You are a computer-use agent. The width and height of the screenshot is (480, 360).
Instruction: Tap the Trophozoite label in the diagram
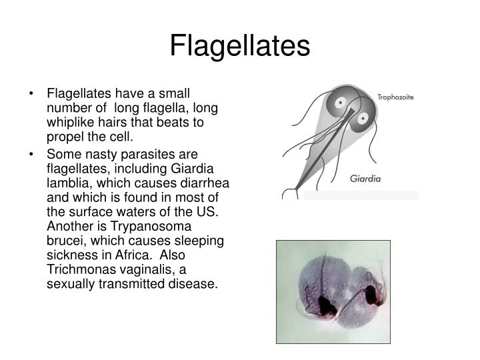(396, 97)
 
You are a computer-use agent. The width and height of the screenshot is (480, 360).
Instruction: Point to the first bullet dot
(32, 93)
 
